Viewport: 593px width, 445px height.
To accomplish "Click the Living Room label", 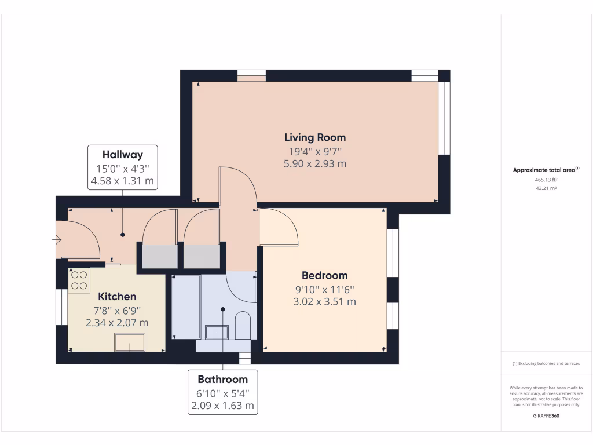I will (x=315, y=137).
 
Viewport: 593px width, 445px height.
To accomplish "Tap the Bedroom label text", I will (x=324, y=275).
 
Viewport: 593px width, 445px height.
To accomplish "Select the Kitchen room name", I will (x=117, y=296).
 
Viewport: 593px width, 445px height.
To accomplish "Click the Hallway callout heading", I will (x=122, y=155).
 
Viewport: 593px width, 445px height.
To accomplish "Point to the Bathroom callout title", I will (x=222, y=380).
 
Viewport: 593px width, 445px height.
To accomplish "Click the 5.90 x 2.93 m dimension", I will (x=315, y=164).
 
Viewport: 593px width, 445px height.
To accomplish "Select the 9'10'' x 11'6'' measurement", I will (x=324, y=289).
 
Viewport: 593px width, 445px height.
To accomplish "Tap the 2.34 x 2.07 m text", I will (x=117, y=323).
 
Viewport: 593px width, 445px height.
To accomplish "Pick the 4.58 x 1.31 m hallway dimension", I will (x=122, y=181).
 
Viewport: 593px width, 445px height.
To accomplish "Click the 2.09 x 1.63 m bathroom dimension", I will (x=222, y=406).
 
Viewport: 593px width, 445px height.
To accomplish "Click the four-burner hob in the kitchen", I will (x=79, y=280).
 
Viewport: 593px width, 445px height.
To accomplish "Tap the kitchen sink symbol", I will (x=130, y=342).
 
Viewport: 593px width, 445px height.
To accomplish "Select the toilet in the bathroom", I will (x=243, y=326).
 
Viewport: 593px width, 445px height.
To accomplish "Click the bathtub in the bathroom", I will (x=186, y=307).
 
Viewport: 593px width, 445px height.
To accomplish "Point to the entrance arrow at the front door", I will (x=57, y=239).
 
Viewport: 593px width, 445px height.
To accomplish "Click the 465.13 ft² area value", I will (x=546, y=180).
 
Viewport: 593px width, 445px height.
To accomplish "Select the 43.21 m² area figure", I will (x=546, y=188).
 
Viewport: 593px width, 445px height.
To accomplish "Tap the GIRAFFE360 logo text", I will (x=546, y=416).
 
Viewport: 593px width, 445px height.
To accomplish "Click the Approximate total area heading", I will (x=545, y=170).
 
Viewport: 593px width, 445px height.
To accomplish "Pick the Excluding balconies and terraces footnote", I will (x=546, y=364).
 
